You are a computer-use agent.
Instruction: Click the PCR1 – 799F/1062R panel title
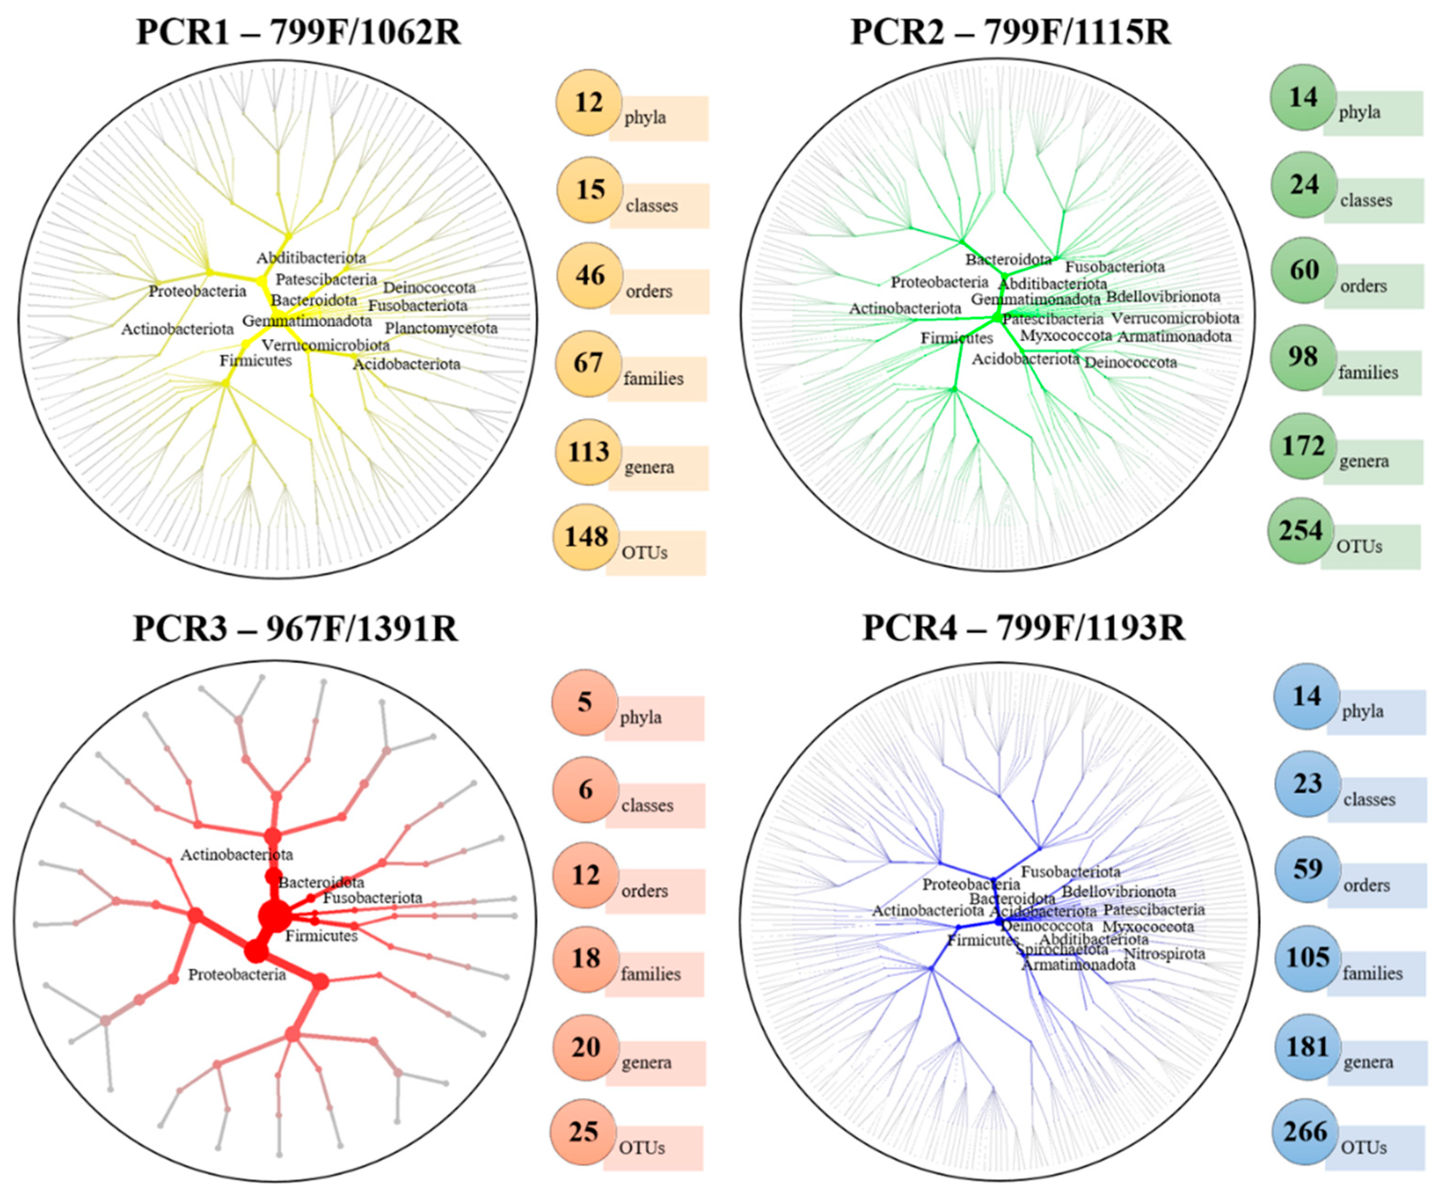tap(298, 32)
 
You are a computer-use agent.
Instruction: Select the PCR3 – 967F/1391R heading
tap(295, 628)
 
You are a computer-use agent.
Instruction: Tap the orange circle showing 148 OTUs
tap(587, 537)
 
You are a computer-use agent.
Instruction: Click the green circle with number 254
tap(1301, 530)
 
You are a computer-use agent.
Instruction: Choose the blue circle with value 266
tap(1305, 1132)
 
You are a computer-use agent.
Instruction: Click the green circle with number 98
tap(1303, 357)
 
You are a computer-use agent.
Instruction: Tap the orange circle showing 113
tap(588, 452)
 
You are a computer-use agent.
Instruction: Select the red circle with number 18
tap(585, 958)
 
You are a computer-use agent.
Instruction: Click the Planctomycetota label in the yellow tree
tap(441, 328)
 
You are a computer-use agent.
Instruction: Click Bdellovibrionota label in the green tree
tap(1163, 297)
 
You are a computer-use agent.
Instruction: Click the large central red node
tap(274, 916)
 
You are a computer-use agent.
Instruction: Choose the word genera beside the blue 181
tap(1368, 1062)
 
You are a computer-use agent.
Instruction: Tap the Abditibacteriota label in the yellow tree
tap(311, 258)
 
